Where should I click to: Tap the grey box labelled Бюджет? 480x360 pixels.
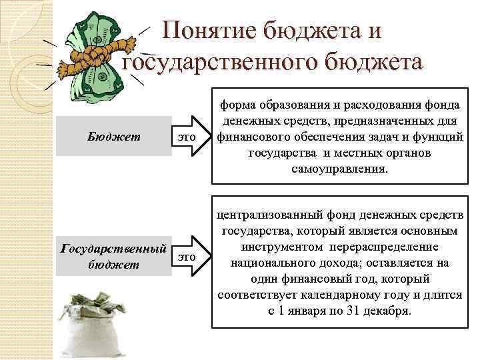(x=114, y=137)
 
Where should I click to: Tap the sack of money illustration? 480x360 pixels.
(x=93, y=320)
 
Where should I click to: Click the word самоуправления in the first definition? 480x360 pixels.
(x=339, y=169)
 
